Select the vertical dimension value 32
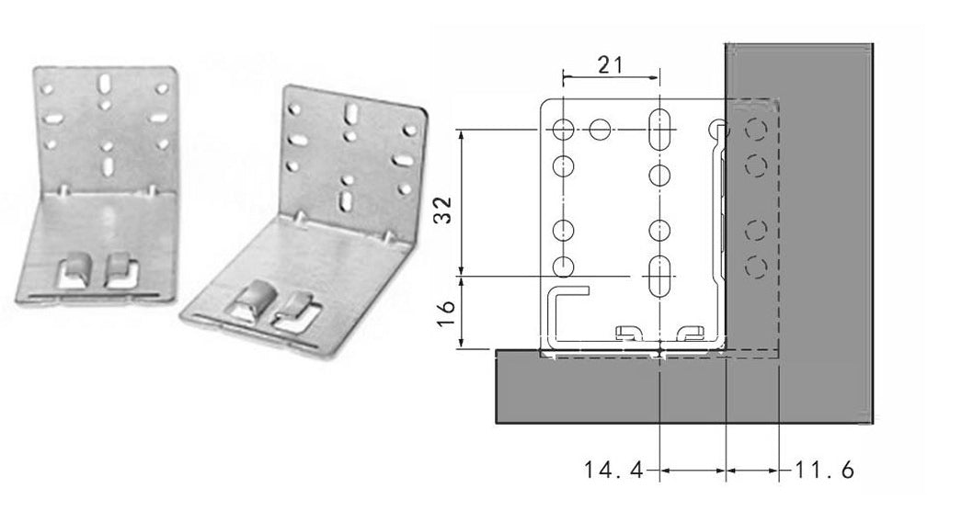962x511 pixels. pos(443,210)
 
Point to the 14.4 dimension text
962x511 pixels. pos(614,471)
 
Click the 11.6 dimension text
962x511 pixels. pos(824,471)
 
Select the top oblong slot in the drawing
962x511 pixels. pos(660,130)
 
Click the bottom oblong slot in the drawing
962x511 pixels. pos(660,275)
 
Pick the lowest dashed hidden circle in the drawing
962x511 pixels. pos(755,267)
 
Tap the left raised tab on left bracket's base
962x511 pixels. pos(74,270)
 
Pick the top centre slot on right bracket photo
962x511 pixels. pos(350,115)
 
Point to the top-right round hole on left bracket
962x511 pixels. pos(162,89)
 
